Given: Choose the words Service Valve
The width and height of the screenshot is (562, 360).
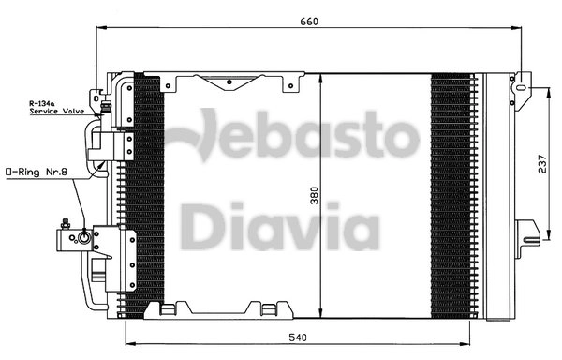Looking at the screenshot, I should [x=56, y=111].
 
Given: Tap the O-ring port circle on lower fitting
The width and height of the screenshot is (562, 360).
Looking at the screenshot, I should [x=85, y=238].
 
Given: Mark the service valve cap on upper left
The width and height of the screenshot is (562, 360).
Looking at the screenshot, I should [x=97, y=94].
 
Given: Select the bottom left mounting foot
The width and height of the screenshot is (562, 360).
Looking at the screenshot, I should [x=170, y=309].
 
